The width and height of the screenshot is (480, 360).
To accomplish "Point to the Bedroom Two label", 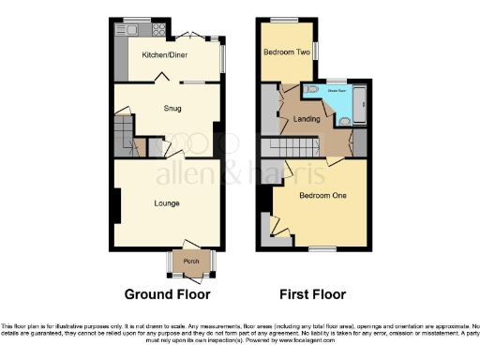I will pyautogui.click(x=285, y=52).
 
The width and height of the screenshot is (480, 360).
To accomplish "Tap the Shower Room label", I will pyautogui.click(x=336, y=90).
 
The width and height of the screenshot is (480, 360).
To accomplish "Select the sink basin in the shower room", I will pyautogui.click(x=344, y=120).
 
